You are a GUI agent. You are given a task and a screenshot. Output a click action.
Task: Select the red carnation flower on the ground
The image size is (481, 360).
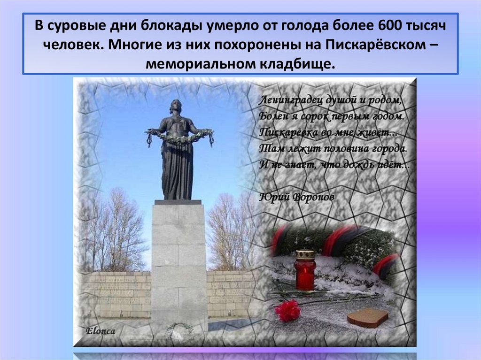[x=287, y=310]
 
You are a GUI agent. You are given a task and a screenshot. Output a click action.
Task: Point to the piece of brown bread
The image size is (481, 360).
[x=367, y=318]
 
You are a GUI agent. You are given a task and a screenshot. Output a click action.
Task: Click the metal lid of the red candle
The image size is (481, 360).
[x=305, y=255]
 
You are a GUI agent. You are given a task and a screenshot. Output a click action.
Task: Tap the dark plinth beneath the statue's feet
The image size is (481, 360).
[x=178, y=202]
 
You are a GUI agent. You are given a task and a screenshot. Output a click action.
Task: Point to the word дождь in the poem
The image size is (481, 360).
[x=360, y=165]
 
